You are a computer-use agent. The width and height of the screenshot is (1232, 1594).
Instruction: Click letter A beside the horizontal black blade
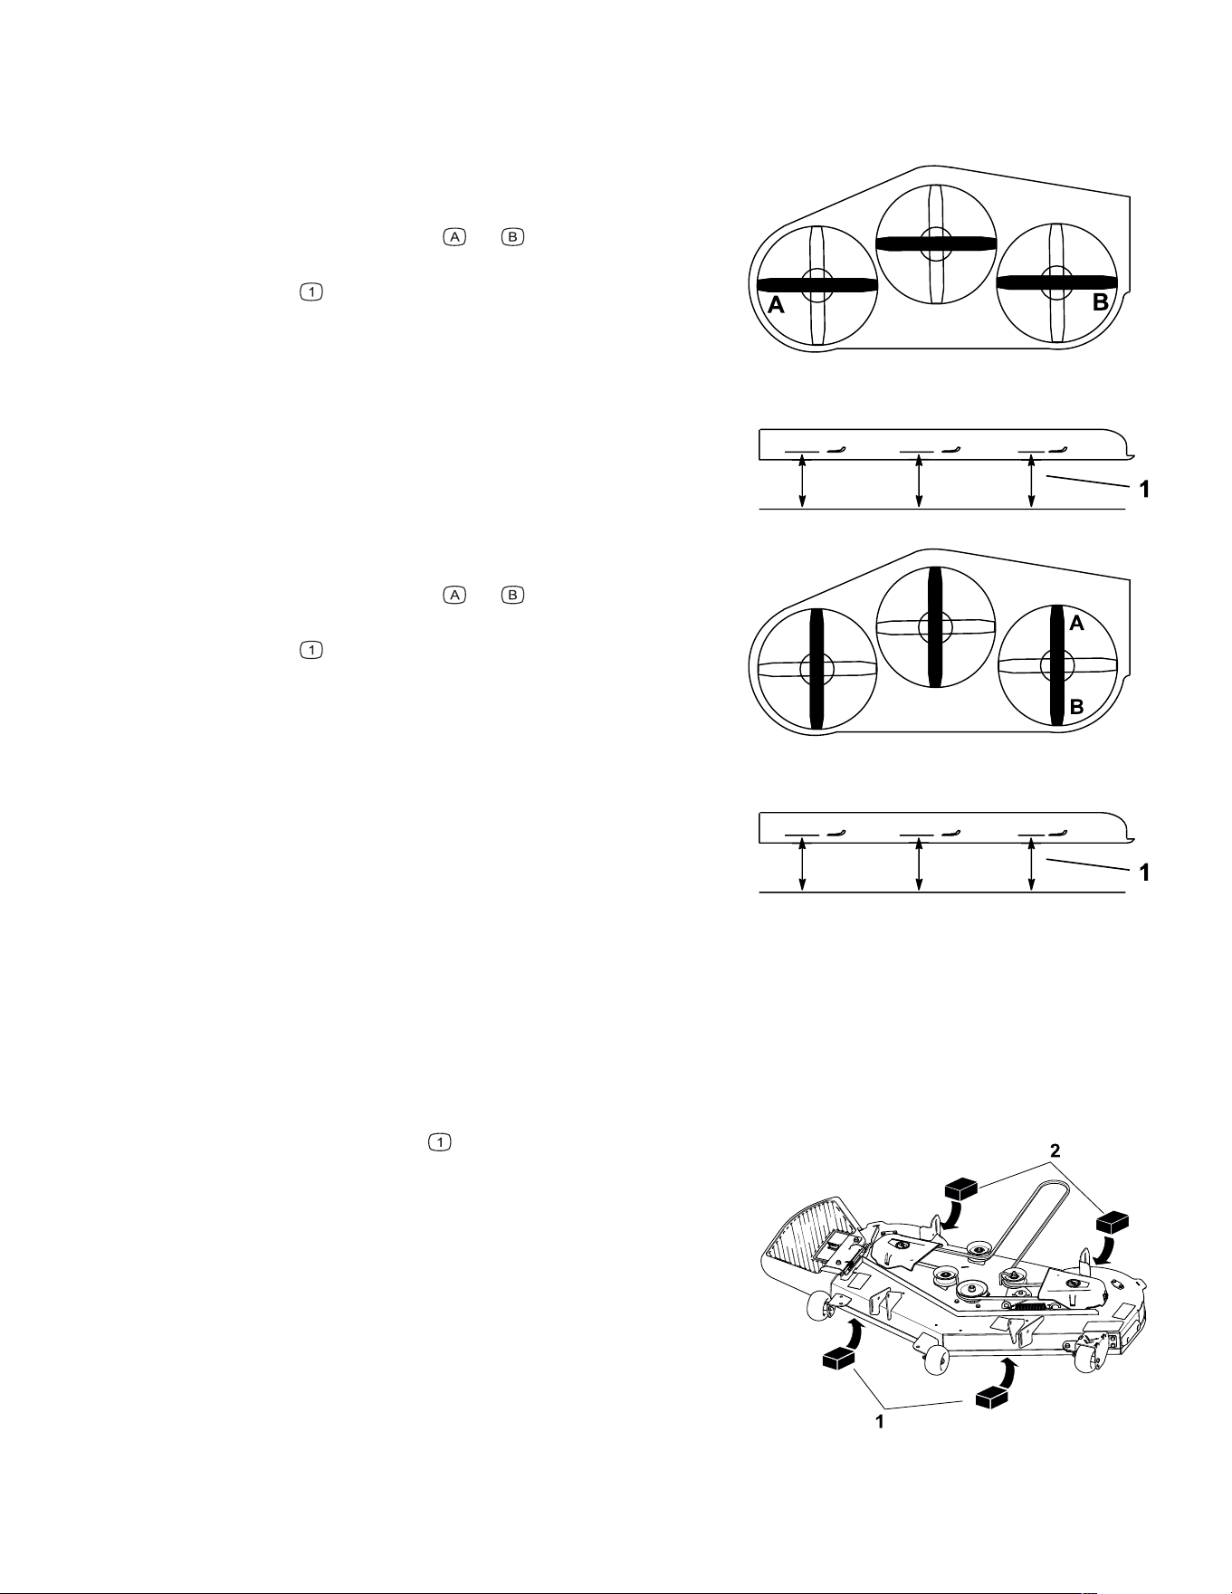(776, 306)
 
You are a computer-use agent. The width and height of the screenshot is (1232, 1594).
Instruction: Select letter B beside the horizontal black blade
(1101, 303)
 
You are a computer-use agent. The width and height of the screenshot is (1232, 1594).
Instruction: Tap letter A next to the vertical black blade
(1076, 623)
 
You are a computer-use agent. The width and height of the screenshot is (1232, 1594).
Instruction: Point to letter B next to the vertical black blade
(1076, 707)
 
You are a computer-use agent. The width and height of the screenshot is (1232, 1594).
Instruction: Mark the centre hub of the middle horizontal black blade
(937, 243)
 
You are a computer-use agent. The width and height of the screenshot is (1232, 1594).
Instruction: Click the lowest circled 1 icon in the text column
(438, 1143)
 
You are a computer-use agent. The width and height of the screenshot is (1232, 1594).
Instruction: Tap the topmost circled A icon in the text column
(454, 237)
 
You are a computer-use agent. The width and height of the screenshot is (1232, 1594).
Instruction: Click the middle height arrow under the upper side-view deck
(919, 482)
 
